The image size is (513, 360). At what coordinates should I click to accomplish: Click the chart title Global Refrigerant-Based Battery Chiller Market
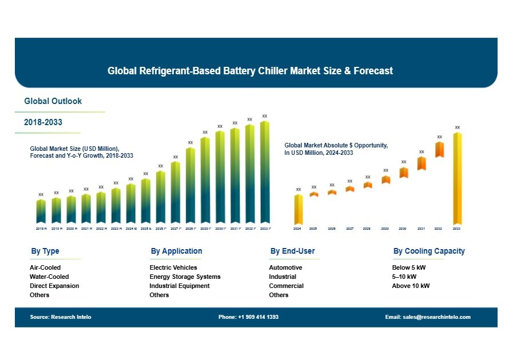tap(250, 71)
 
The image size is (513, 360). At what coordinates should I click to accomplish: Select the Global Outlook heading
tap(53, 101)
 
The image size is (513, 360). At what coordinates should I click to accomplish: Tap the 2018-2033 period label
tap(43, 122)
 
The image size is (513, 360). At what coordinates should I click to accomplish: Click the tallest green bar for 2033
tap(264, 171)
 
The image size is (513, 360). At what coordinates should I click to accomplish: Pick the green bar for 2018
tap(41, 211)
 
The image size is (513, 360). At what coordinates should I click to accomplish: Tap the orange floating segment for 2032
tap(439, 149)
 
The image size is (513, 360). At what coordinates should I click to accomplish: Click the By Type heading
tap(45, 251)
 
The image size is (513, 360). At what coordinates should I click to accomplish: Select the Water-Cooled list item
tap(49, 277)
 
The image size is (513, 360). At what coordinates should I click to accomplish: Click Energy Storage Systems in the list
tap(185, 277)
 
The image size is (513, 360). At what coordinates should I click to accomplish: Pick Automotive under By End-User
tap(285, 267)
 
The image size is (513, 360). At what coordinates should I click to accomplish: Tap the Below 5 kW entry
tap(409, 267)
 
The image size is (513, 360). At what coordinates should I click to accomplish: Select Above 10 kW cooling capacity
tap(411, 286)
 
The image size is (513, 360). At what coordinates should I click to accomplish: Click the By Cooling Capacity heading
tap(429, 251)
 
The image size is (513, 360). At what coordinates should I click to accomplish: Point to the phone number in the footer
tap(248, 317)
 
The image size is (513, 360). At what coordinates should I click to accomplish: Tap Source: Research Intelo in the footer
tap(61, 317)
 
